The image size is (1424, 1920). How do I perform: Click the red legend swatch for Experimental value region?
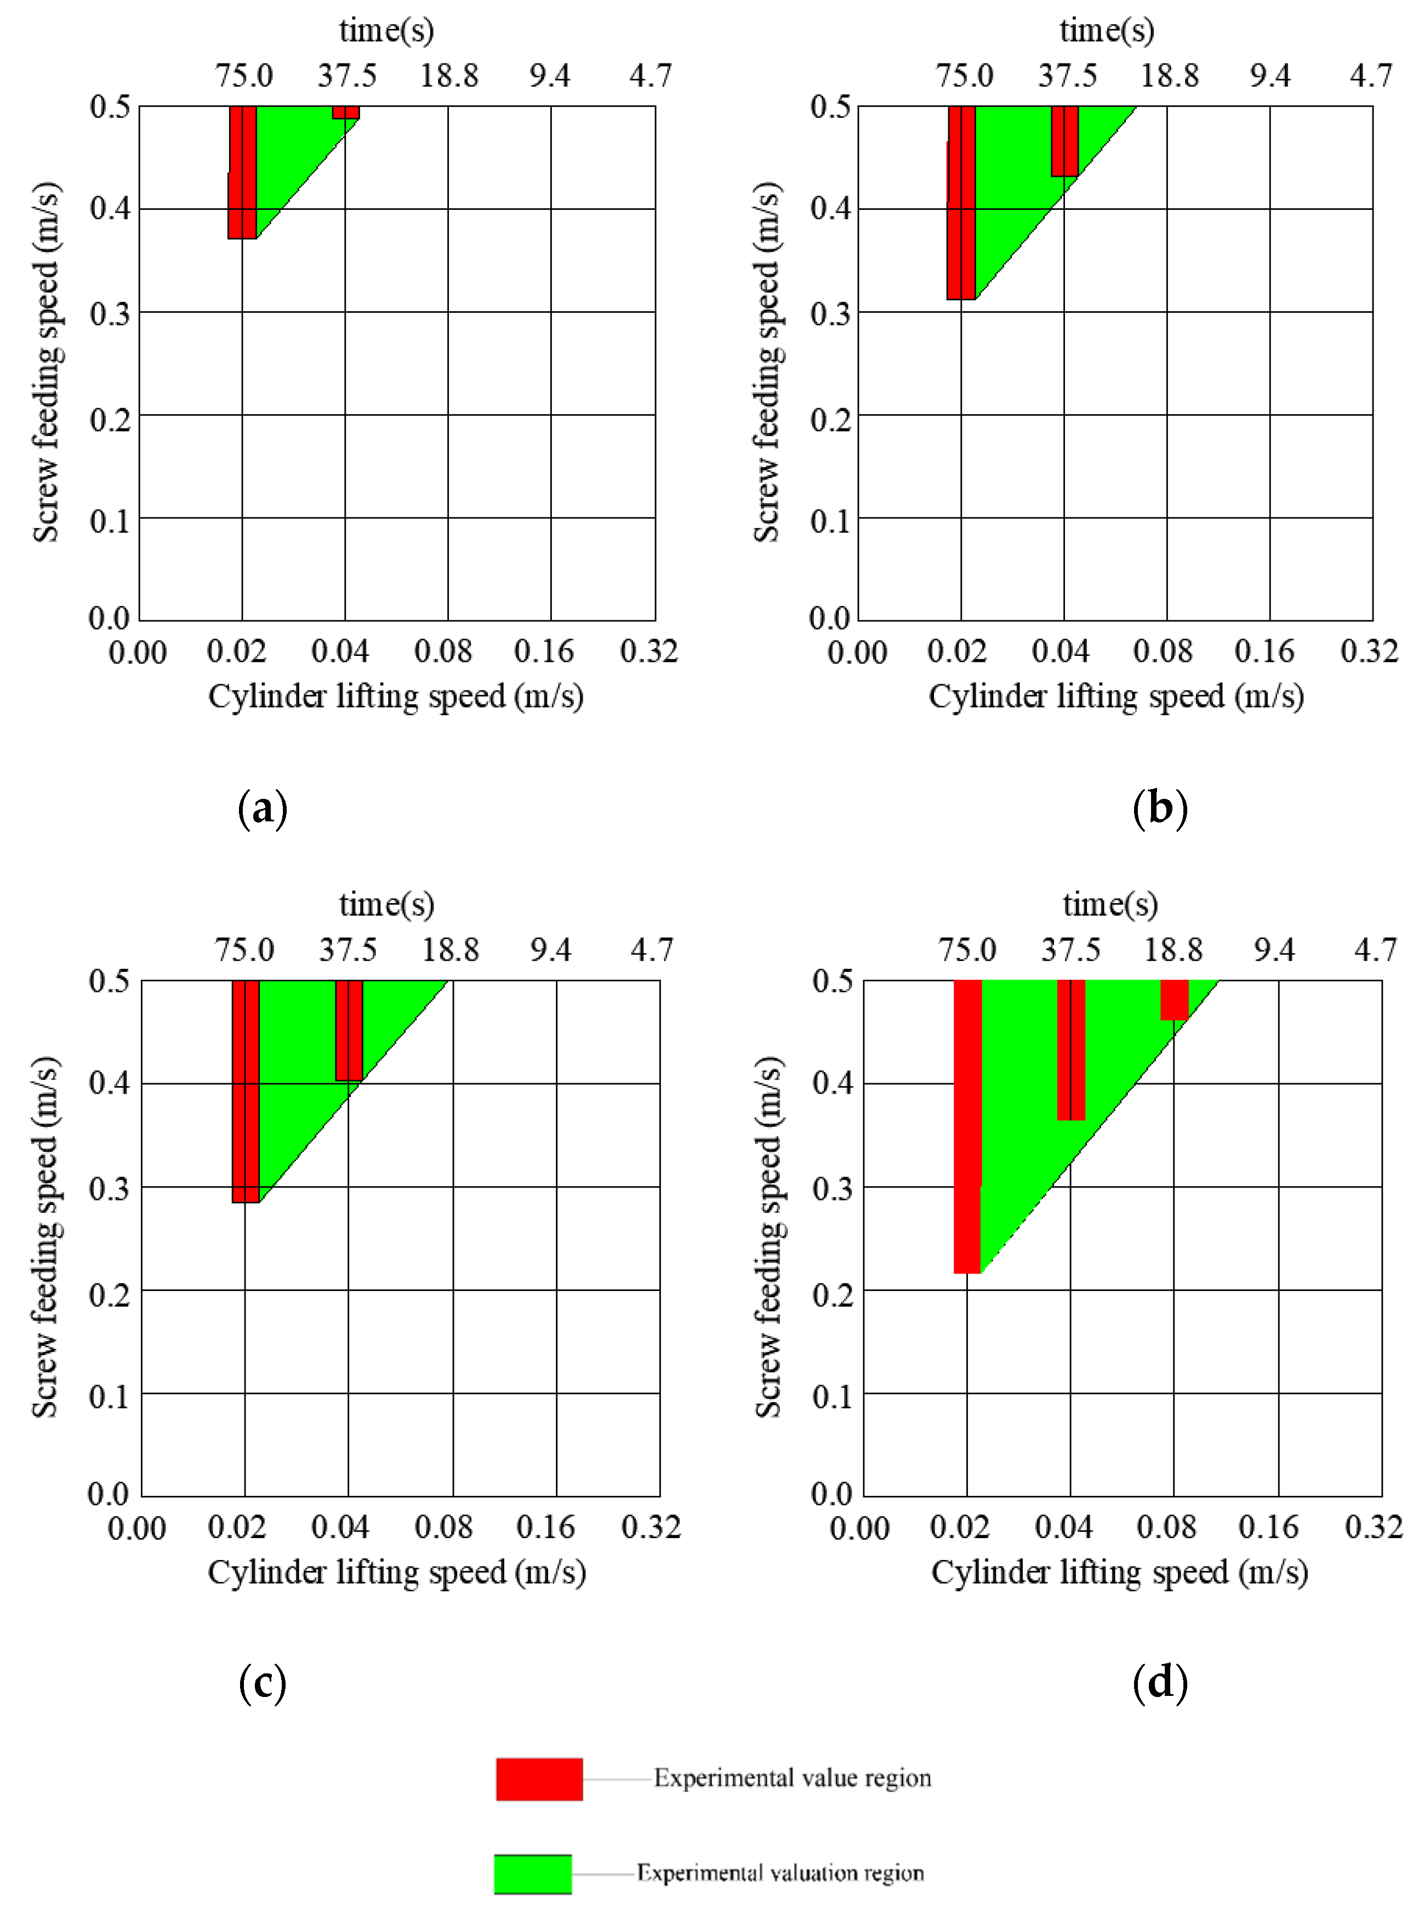tap(539, 1779)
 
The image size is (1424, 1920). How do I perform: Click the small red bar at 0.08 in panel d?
tap(1174, 999)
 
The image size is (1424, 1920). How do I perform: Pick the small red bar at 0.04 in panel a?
tap(346, 112)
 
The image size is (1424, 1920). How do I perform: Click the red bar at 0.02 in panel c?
tap(246, 1090)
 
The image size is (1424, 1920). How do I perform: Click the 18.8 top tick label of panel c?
tap(450, 950)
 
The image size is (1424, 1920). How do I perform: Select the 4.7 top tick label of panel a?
tap(650, 76)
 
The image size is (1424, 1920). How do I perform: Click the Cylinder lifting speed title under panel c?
tap(396, 1572)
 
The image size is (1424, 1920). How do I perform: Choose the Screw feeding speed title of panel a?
tap(45, 362)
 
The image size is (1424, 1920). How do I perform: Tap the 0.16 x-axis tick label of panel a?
tap(544, 652)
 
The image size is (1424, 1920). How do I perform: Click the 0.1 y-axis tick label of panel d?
tap(833, 1396)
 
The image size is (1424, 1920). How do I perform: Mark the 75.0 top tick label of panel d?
tap(967, 950)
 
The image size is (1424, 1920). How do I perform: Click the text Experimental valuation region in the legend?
tap(780, 1873)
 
